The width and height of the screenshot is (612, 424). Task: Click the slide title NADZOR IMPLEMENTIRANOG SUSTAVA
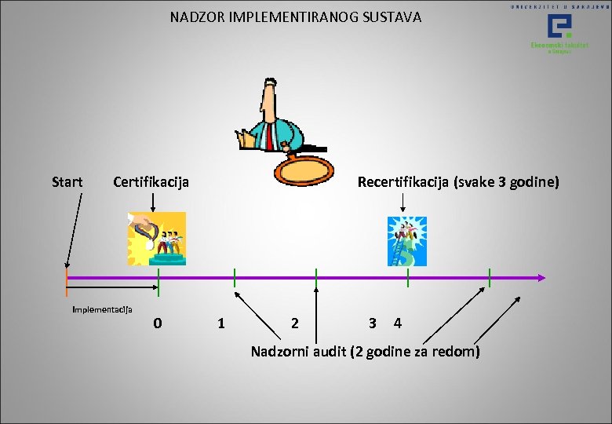[296, 16]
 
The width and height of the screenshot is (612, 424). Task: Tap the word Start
[67, 182]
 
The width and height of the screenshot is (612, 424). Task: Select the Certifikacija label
[151, 182]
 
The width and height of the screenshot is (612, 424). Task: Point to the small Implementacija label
[102, 309]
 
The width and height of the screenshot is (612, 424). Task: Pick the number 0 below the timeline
[158, 323]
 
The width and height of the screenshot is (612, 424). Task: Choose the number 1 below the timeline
[221, 323]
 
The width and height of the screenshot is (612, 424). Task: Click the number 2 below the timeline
[294, 323]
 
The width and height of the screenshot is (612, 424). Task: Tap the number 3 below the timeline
[373, 323]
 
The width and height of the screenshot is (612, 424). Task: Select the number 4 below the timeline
[399, 323]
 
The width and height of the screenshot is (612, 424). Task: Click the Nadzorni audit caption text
[365, 351]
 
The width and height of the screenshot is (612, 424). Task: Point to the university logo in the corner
[559, 32]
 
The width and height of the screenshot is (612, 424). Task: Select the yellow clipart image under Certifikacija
[157, 239]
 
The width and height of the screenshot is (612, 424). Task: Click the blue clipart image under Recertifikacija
[407, 241]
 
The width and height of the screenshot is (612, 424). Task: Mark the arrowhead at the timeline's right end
[541, 277]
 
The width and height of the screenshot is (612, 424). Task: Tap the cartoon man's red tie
[269, 137]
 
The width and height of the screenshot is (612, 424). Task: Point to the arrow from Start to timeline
[75, 232]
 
